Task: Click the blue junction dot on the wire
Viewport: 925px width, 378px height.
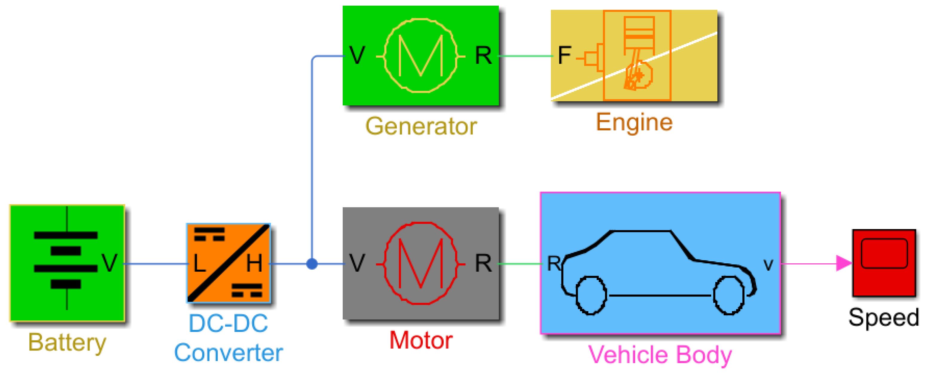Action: pos(312,264)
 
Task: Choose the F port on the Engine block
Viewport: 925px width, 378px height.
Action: pos(564,55)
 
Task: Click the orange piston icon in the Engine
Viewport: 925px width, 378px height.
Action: pos(638,54)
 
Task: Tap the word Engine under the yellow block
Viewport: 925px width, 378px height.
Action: pos(634,122)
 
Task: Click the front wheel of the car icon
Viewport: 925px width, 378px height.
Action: pos(729,295)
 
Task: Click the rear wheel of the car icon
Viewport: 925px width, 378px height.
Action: pos(591,295)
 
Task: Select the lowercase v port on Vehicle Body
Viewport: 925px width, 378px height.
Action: pos(768,265)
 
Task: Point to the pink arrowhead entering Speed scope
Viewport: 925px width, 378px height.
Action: pos(843,263)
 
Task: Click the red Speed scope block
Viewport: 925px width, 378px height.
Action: pos(884,263)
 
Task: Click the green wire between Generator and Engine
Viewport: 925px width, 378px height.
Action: pos(525,56)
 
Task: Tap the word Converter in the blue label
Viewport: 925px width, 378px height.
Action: pos(228,353)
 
